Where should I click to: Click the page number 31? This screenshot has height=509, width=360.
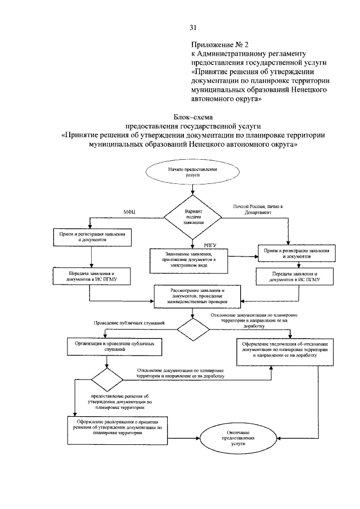pos(192,28)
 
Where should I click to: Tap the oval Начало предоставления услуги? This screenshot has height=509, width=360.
pos(193,172)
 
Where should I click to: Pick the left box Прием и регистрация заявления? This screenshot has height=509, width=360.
pos(92,236)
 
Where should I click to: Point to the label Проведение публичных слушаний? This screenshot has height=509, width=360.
pos(129,323)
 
